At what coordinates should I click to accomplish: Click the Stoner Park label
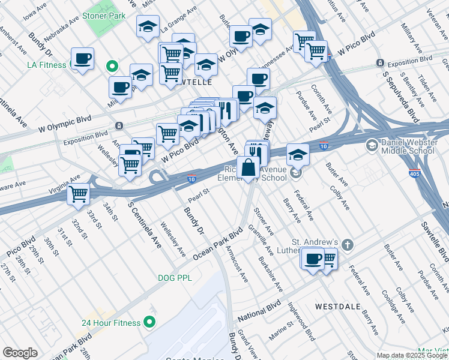point(104,16)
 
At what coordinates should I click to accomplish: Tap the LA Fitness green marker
point(111,65)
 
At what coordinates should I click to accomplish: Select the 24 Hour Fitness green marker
point(149,323)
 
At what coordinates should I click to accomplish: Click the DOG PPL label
point(175,278)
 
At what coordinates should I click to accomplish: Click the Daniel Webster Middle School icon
point(372,145)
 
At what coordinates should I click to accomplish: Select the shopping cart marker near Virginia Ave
point(79,194)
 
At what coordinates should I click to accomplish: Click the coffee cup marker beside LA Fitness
point(83,59)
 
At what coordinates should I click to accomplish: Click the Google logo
point(20,353)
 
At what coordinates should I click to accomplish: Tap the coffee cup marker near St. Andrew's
point(312,259)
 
